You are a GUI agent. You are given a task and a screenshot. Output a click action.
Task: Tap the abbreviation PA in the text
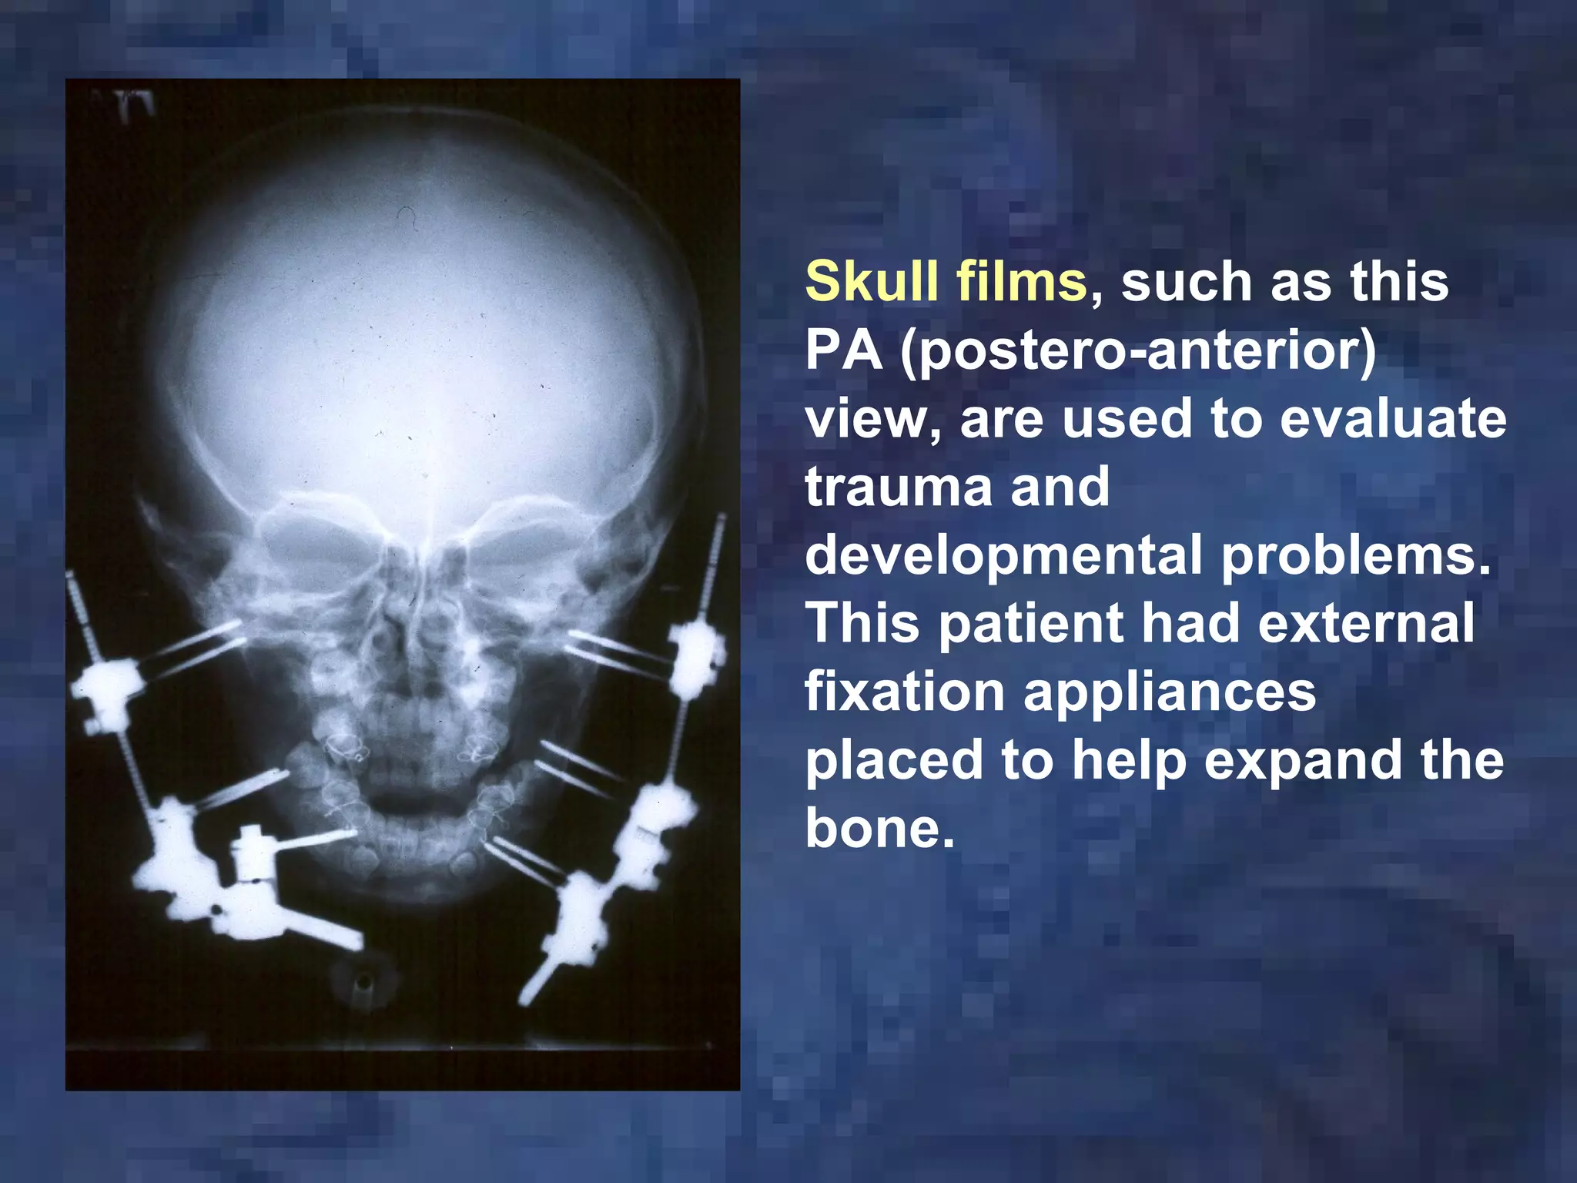pos(843,350)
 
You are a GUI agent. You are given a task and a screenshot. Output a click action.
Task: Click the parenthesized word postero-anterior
pos(1137,352)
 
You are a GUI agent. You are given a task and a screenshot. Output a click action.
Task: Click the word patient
pos(1032,623)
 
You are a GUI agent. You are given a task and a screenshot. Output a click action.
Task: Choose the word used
pos(1127,420)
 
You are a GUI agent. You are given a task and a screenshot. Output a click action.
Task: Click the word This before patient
pos(862,623)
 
